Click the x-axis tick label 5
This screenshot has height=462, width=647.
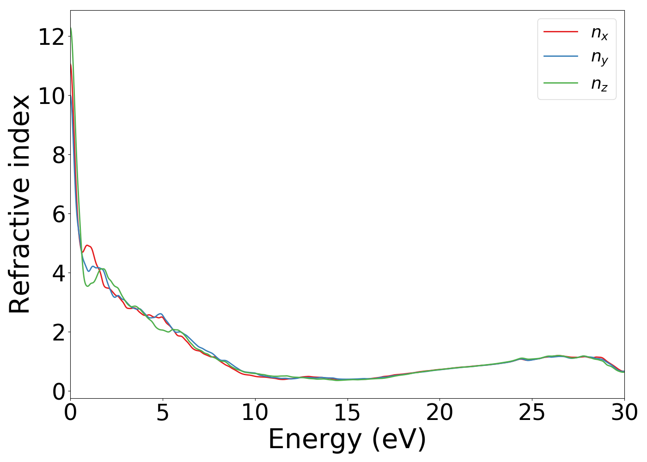click(x=163, y=413)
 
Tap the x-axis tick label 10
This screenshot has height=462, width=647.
click(x=255, y=413)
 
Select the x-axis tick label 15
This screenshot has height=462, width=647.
click(x=348, y=413)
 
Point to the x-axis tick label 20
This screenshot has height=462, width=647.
click(x=439, y=413)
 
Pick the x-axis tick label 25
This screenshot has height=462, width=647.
click(x=532, y=413)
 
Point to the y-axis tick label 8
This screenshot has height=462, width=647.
click(x=58, y=155)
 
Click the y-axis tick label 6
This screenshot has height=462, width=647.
click(x=58, y=214)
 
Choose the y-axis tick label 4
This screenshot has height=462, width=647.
click(x=58, y=273)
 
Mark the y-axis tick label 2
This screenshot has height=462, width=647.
click(x=58, y=332)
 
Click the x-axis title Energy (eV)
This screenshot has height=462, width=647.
click(x=347, y=439)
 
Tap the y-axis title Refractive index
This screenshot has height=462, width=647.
click(x=20, y=204)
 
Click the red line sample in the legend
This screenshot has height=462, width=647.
click(x=561, y=32)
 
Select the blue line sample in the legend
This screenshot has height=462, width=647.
click(x=561, y=56)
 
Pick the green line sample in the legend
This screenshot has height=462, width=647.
click(x=561, y=83)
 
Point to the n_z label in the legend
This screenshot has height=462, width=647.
click(x=599, y=84)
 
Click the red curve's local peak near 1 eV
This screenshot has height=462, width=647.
click(x=87, y=245)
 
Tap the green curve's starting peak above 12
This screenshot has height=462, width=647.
click(x=71, y=29)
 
